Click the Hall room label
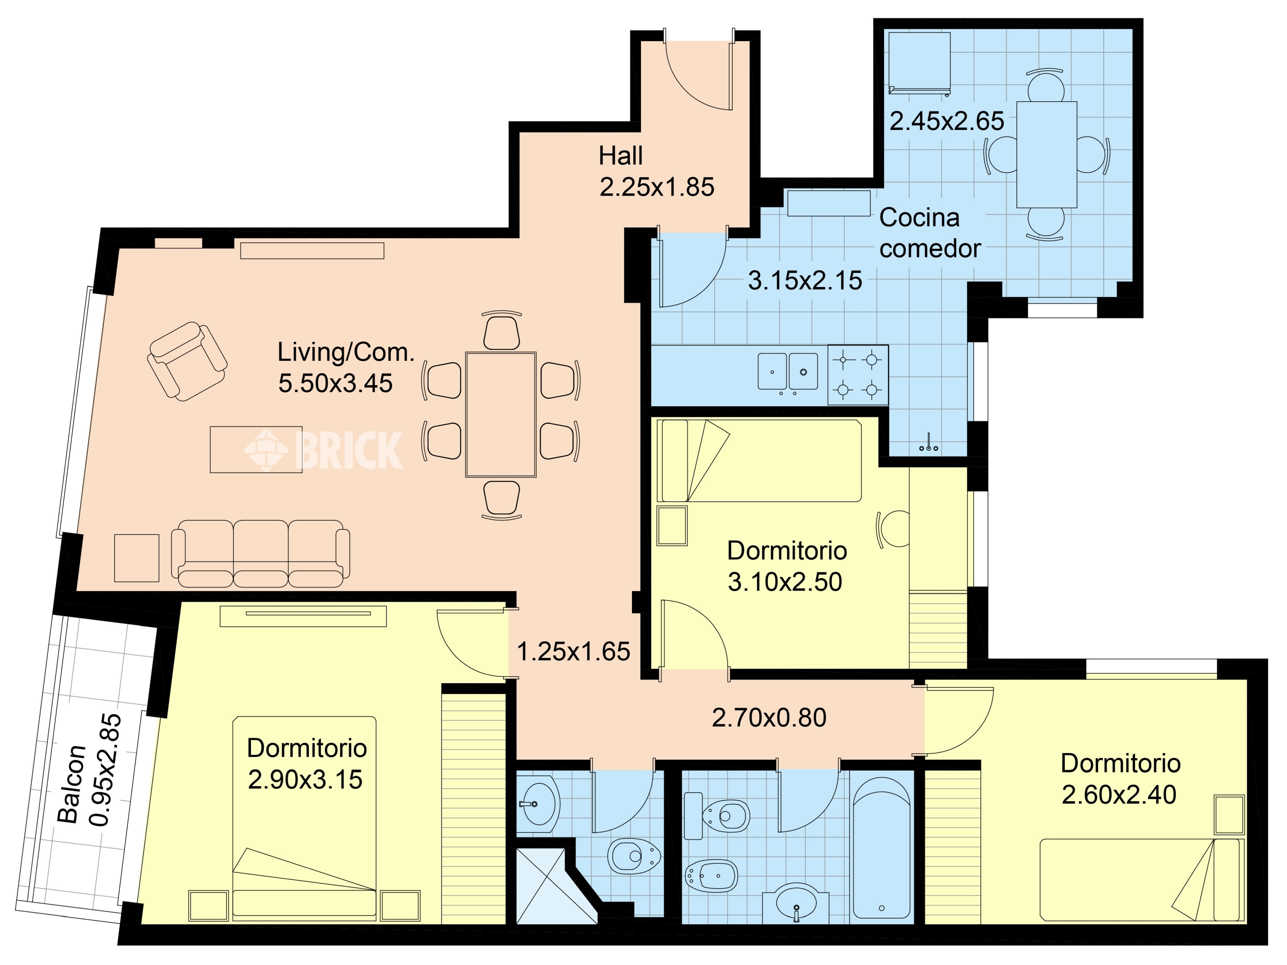(x=621, y=156)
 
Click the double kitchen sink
(x=788, y=371)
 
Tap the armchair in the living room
(x=187, y=361)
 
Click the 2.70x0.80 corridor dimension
(x=769, y=718)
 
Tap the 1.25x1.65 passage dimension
(x=573, y=651)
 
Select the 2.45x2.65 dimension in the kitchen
(x=947, y=121)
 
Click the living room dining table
(x=500, y=414)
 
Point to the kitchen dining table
(x=1047, y=154)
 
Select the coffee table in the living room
(x=256, y=449)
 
